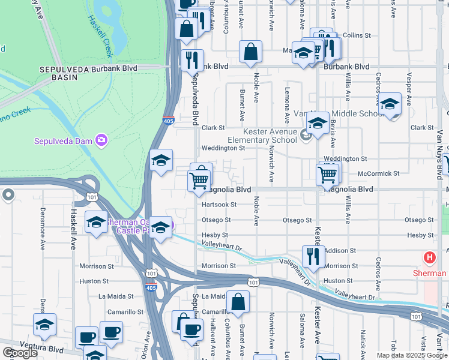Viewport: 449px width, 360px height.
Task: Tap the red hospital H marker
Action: click(430, 258)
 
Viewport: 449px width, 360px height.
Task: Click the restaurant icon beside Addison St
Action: click(313, 257)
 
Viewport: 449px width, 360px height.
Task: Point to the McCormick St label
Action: click(378, 173)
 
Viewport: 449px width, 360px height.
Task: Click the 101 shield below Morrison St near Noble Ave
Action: click(253, 281)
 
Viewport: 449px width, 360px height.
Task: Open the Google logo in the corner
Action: click(20, 353)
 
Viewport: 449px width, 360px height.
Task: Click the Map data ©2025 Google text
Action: click(412, 355)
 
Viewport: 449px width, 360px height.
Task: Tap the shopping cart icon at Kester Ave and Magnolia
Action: click(328, 174)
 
